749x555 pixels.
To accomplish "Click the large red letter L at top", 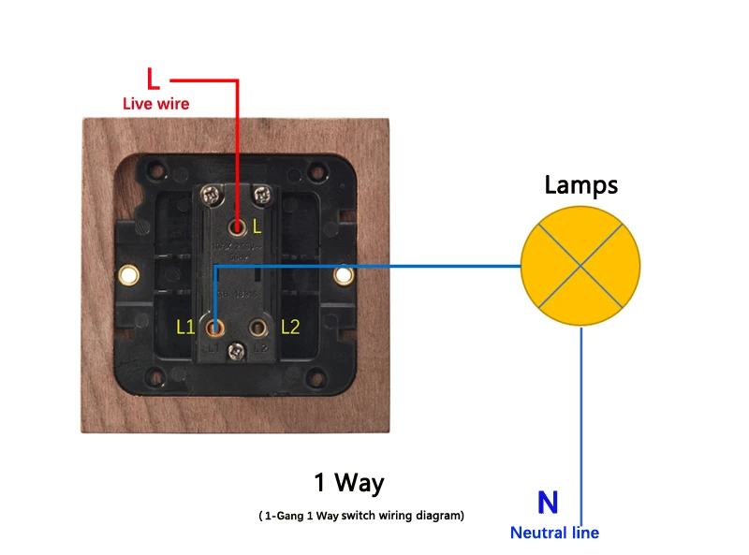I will (x=154, y=78).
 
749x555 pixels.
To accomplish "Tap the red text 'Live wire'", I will (x=155, y=104).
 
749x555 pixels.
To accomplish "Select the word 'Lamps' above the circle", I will (x=581, y=185).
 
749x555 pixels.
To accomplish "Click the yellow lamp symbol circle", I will (x=580, y=266).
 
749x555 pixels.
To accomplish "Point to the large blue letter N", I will (x=548, y=504).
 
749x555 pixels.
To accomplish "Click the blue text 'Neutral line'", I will (x=554, y=533).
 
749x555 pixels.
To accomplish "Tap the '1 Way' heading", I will (x=348, y=484).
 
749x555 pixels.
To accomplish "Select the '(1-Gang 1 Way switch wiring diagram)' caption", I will (x=361, y=516).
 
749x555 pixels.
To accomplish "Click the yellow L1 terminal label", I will (x=185, y=327).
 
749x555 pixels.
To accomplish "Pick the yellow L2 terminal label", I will (x=290, y=327).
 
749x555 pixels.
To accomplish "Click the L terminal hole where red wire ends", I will (x=239, y=226).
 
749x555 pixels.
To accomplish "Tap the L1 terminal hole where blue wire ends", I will (x=216, y=328).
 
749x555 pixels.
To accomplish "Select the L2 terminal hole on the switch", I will (x=258, y=328).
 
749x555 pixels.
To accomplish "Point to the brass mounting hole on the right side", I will (x=344, y=275).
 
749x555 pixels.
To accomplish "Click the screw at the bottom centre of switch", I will (x=238, y=350).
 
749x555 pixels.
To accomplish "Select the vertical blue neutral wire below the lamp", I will (x=582, y=412).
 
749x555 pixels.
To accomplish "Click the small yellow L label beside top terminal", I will (x=257, y=226).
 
